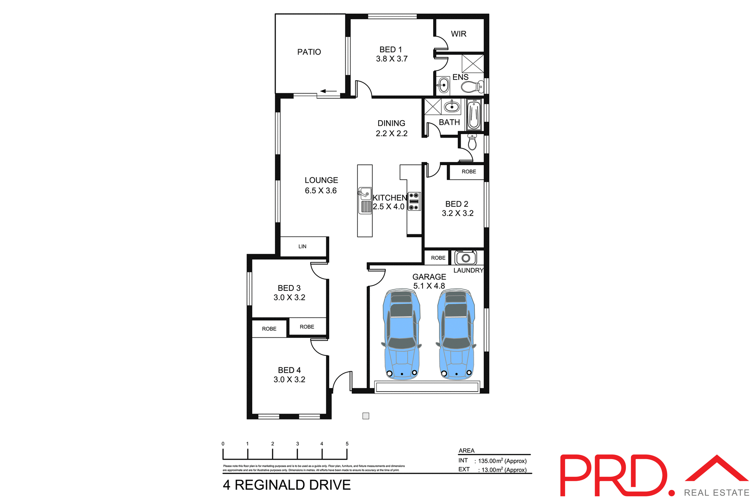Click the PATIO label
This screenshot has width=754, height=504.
309,52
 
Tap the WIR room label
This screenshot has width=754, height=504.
458,34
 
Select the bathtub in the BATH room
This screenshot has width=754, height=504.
474,114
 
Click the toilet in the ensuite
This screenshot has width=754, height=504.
473,86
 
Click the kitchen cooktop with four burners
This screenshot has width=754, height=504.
414,201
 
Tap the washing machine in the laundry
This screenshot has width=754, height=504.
466,258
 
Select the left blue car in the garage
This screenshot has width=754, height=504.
401,335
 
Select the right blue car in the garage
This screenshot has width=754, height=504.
456,335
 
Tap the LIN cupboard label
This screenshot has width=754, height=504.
302,246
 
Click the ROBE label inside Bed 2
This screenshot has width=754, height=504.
469,172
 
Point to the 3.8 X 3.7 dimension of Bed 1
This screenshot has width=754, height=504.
392,59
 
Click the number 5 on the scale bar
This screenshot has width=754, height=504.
347,443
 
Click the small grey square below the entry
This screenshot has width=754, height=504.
366,416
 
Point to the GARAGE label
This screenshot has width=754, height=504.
429,277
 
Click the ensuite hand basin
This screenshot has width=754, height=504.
444,85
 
